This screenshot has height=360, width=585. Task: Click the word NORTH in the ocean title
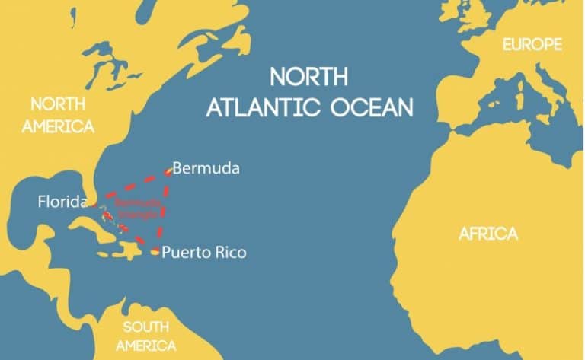tap(309, 78)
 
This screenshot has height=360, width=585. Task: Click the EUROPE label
tap(532, 46)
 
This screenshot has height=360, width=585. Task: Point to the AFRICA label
tap(487, 234)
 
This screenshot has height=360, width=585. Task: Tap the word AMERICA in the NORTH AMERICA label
tap(58, 126)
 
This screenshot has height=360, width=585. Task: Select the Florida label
tap(62, 202)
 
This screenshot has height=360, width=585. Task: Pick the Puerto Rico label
tap(204, 252)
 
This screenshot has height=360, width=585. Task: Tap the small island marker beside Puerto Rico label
tap(155, 252)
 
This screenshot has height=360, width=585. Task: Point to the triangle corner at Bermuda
tap(168, 171)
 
